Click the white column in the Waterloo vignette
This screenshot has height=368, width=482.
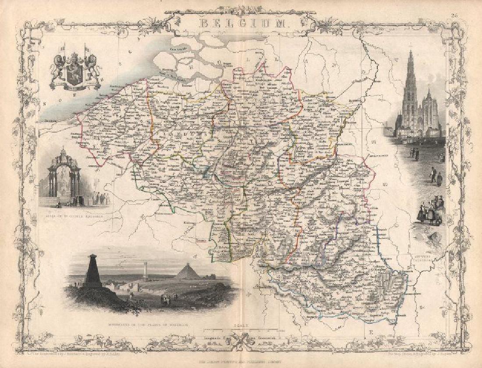[145, 271]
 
